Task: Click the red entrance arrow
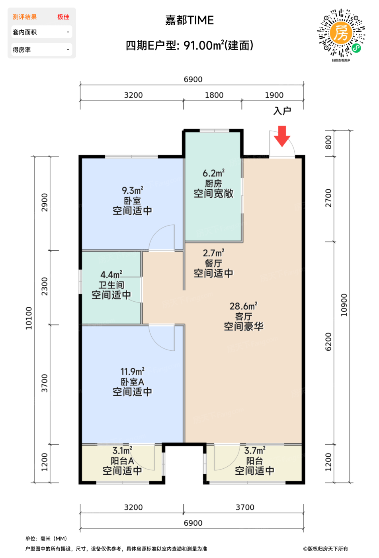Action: (x=282, y=136)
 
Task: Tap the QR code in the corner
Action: (x=341, y=33)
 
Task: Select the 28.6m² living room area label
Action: (x=243, y=306)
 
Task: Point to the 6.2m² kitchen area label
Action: (x=213, y=173)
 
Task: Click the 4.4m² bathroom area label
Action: (x=111, y=275)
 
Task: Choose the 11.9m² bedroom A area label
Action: (x=133, y=371)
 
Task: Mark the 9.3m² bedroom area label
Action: (x=133, y=191)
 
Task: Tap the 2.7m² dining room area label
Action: (x=213, y=253)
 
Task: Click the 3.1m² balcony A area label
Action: (x=122, y=450)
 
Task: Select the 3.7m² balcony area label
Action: (x=254, y=450)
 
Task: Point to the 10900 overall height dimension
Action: (x=344, y=305)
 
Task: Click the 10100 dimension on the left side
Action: (x=29, y=318)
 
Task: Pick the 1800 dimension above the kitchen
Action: (x=214, y=95)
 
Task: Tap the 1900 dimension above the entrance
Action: (x=274, y=95)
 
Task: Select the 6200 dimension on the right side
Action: (x=328, y=342)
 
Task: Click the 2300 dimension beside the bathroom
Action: (x=44, y=286)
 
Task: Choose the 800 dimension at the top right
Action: (x=328, y=142)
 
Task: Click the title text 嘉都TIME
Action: (x=189, y=20)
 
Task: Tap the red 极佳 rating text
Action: (x=63, y=17)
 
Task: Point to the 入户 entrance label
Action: (x=282, y=111)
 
